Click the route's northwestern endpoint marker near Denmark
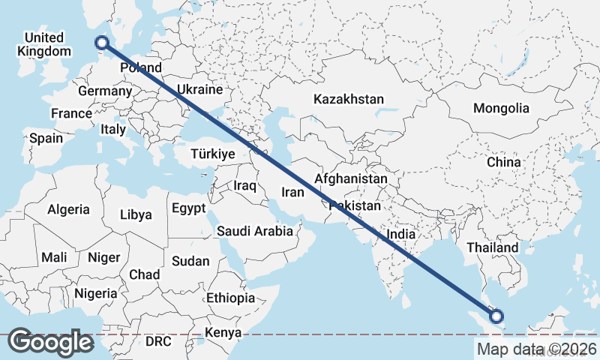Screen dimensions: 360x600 point(103,43)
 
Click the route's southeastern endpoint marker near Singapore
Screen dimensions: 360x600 point(496,316)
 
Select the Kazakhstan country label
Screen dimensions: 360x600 point(349,99)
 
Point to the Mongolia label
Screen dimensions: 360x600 point(501,109)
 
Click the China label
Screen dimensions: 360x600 point(503,162)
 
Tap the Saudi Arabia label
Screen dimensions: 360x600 point(255,231)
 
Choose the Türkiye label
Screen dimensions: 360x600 point(213,154)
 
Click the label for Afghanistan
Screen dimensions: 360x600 point(351,179)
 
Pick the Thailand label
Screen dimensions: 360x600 point(492,247)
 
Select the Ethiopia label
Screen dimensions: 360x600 point(230,298)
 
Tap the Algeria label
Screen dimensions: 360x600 point(68,210)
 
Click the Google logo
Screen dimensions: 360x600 point(50,341)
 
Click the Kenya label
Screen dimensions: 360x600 point(223,332)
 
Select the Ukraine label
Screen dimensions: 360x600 point(200,89)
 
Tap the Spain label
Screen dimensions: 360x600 point(46,138)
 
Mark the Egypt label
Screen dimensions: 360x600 point(188,208)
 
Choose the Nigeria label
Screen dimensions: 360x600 point(95,293)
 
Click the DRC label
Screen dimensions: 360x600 point(158,341)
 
